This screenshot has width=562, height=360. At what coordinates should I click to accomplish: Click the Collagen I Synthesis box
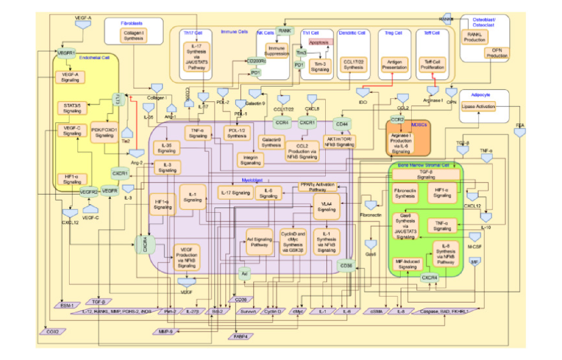point(134,36)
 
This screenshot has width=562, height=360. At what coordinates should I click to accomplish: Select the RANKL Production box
point(475,37)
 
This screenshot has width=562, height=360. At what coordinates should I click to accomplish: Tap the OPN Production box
point(497,53)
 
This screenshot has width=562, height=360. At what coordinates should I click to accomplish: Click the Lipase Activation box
point(478,106)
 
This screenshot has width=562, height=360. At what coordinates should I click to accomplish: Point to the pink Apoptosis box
point(321,42)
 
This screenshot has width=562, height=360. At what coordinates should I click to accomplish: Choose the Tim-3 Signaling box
point(320,67)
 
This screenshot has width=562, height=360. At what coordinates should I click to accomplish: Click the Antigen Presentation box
point(394,65)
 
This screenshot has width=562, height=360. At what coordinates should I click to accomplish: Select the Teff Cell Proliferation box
point(432,65)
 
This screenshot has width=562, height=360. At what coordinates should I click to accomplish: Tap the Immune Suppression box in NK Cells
point(277,51)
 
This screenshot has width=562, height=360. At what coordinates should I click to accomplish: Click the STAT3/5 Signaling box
point(72,108)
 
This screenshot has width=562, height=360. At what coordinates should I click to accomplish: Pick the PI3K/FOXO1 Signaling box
point(104,132)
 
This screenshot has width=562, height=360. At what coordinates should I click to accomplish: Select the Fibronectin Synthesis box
point(405,193)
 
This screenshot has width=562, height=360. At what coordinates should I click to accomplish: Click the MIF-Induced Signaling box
point(407,264)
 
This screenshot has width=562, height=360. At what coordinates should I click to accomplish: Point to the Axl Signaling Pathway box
point(259,242)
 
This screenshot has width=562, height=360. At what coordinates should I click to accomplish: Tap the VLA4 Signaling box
point(326,207)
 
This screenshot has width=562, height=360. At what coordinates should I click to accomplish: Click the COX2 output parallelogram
point(53,331)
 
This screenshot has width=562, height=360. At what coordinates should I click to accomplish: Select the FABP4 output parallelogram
point(240,336)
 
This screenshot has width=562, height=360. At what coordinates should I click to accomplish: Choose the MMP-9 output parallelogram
point(166,331)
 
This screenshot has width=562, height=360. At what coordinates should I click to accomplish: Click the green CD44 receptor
point(342,124)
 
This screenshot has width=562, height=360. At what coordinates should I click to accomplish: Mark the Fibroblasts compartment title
point(132,23)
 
